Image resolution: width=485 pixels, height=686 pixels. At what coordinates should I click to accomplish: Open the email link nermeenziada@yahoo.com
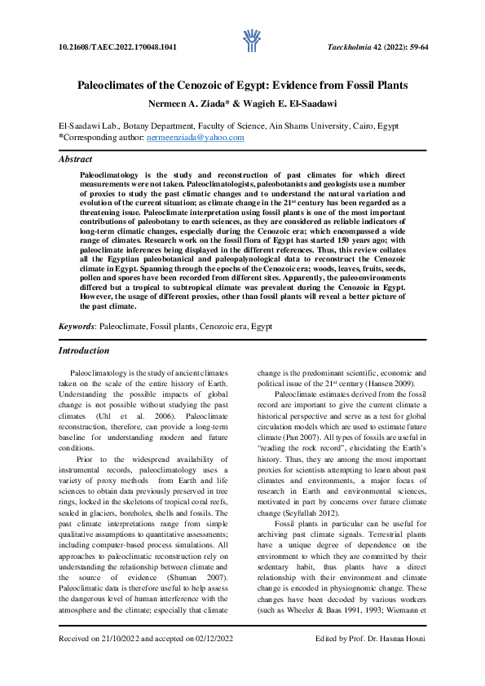[x=195, y=138]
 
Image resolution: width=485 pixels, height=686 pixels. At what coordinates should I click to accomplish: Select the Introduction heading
[x=84, y=350]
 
